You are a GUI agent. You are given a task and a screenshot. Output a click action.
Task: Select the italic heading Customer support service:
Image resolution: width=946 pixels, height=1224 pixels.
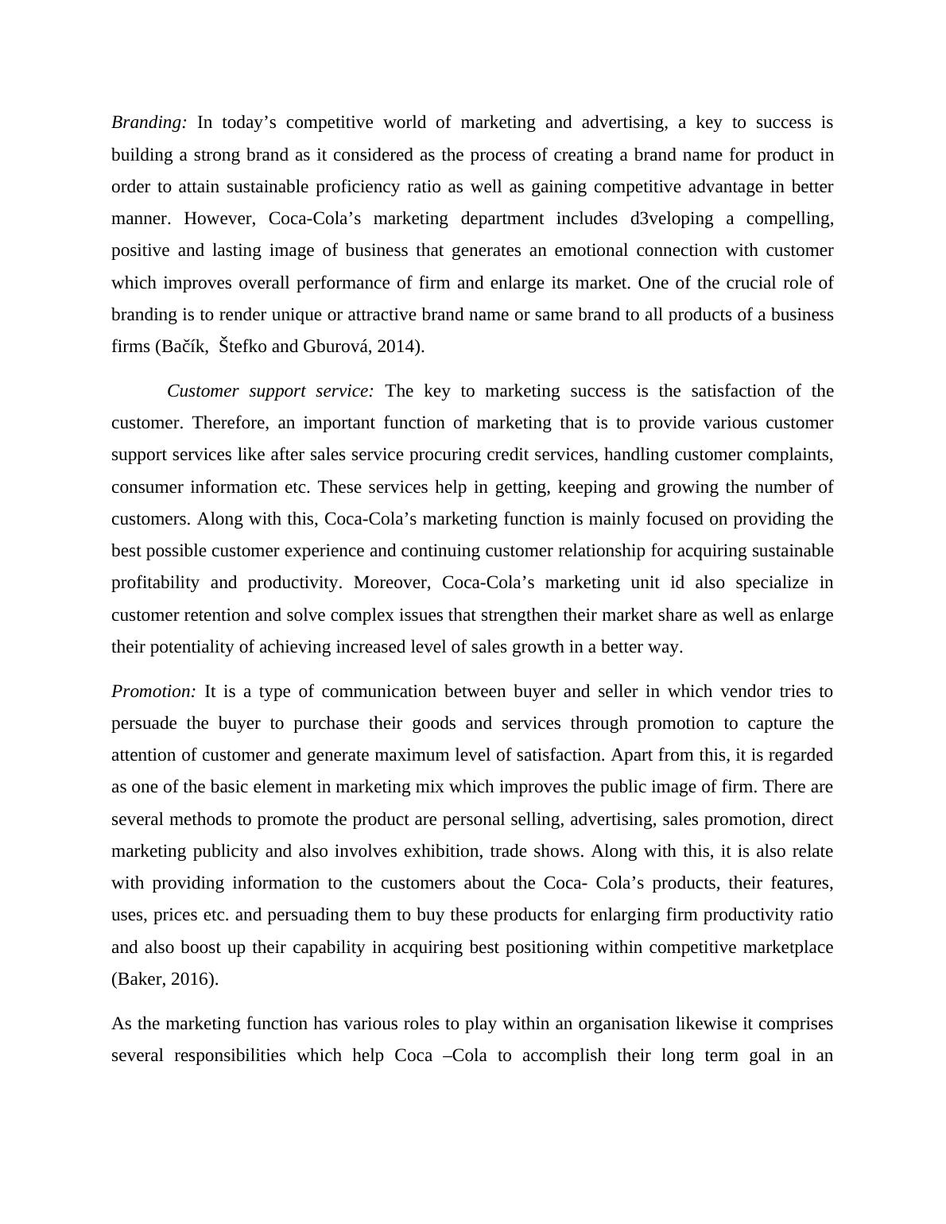[270, 391]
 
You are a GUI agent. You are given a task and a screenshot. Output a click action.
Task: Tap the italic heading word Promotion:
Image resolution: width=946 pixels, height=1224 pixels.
[153, 691]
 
